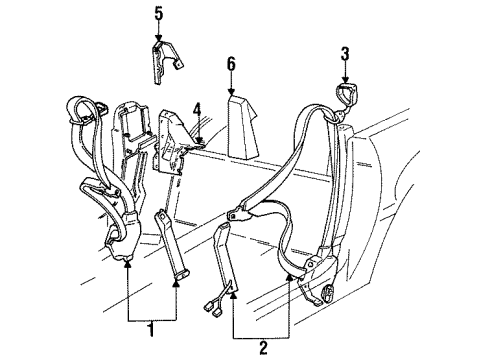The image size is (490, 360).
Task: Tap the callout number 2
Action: (x=262, y=349)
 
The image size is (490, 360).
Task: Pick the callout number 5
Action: (x=157, y=14)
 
